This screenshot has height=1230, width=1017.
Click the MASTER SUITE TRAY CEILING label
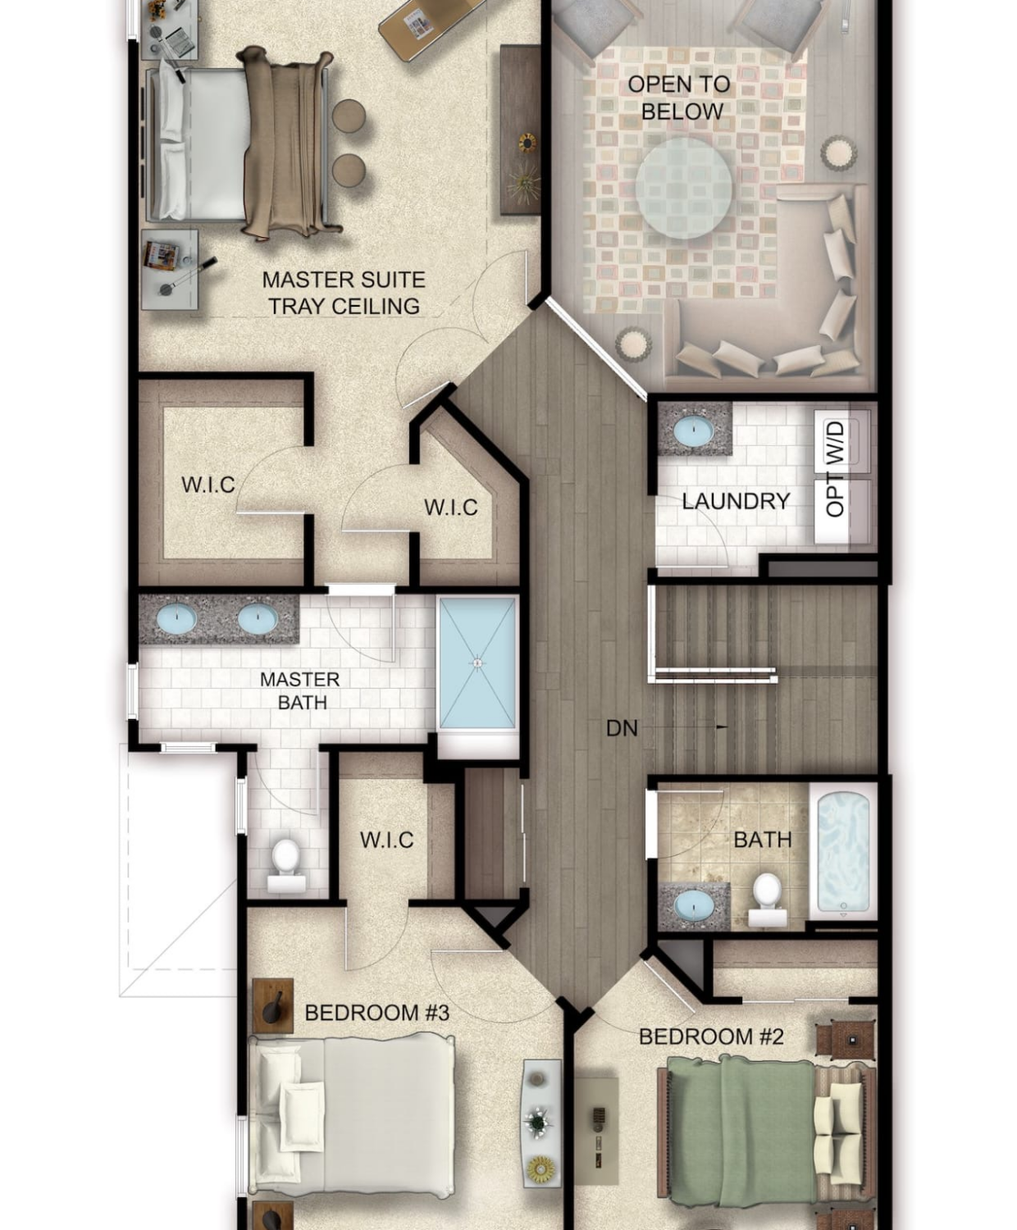[x=344, y=293]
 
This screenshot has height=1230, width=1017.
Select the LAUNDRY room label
[x=736, y=501]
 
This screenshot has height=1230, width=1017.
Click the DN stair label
[x=622, y=729]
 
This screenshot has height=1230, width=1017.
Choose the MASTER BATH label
[x=300, y=691]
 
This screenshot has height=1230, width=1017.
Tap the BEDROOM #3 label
[x=377, y=1013]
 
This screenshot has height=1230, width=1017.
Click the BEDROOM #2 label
[x=711, y=1036]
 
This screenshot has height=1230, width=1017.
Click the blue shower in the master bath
[x=477, y=663]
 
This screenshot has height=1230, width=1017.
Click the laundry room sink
[x=693, y=431]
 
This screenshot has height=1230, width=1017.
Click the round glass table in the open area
[x=683, y=188]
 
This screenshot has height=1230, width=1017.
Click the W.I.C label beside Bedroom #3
[x=386, y=840]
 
